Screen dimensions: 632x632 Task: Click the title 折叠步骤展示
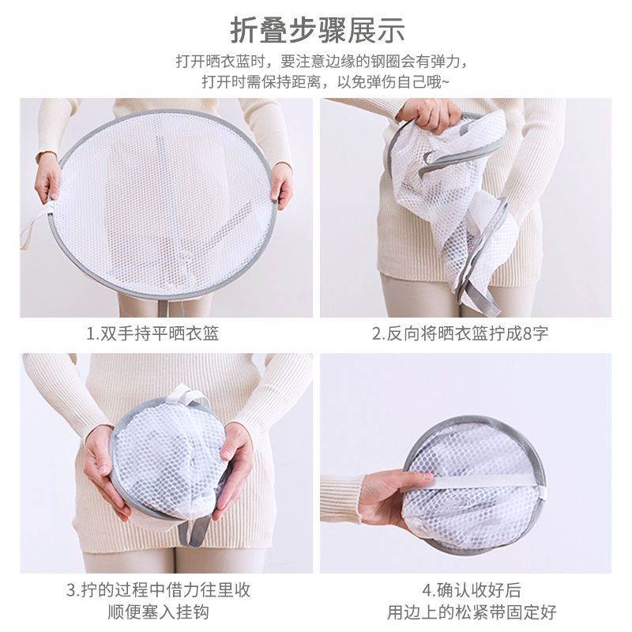(x=316, y=30)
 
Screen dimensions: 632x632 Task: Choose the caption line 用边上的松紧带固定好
(x=472, y=612)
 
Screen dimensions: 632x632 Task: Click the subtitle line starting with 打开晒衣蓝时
(x=316, y=62)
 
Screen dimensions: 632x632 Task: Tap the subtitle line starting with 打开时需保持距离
(x=316, y=82)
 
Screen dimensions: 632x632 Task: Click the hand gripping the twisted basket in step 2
(x=431, y=115)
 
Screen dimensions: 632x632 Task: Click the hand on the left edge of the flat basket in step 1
(x=47, y=178)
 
